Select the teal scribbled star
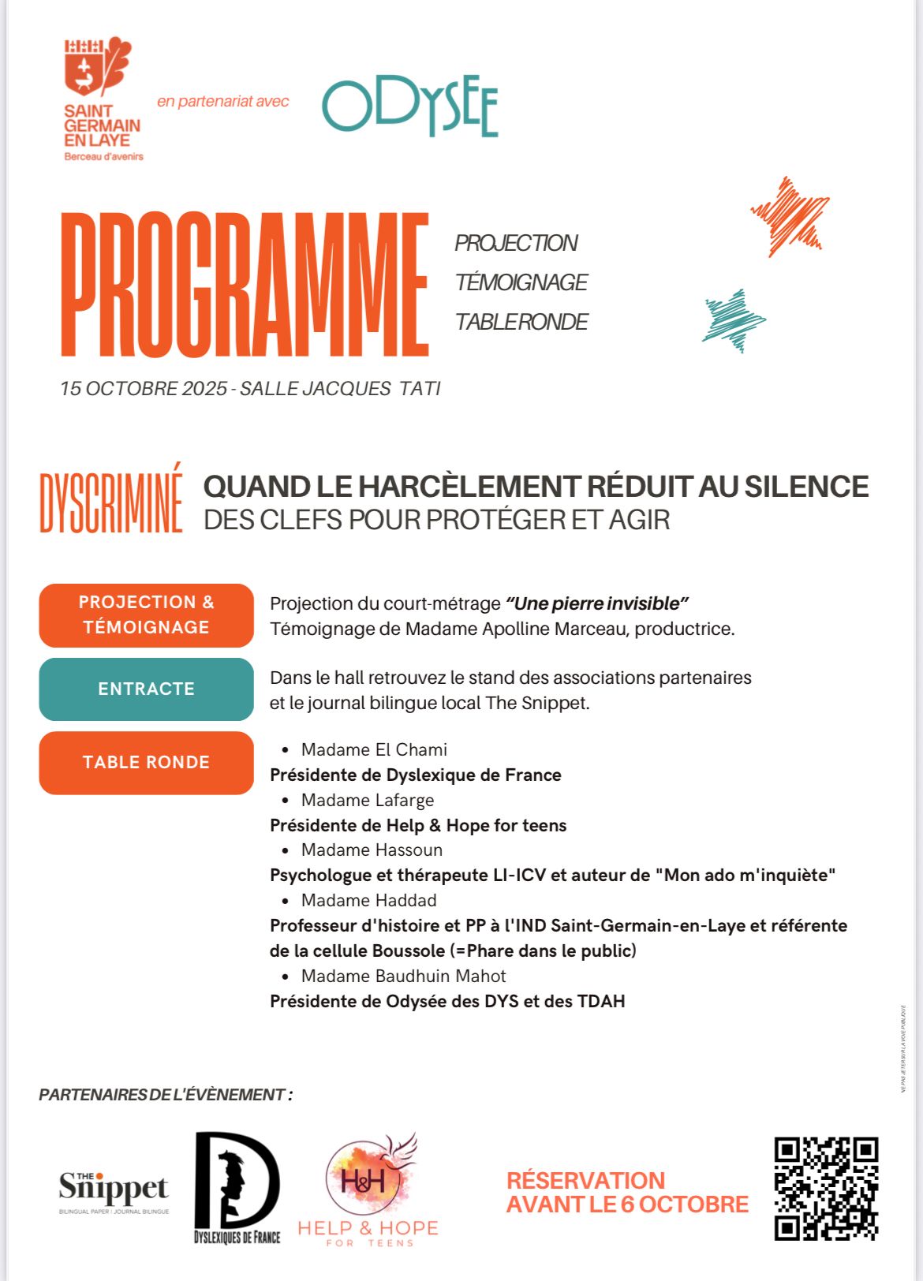(734, 319)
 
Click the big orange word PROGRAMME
(245, 285)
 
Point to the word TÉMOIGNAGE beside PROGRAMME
(521, 282)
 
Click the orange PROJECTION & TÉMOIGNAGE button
(146, 615)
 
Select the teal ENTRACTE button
(146, 689)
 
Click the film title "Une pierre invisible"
(597, 604)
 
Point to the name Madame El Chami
(374, 750)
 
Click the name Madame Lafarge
(368, 801)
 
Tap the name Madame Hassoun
(372, 850)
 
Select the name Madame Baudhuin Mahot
(403, 977)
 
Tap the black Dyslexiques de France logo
(237, 1187)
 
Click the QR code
(826, 1188)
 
